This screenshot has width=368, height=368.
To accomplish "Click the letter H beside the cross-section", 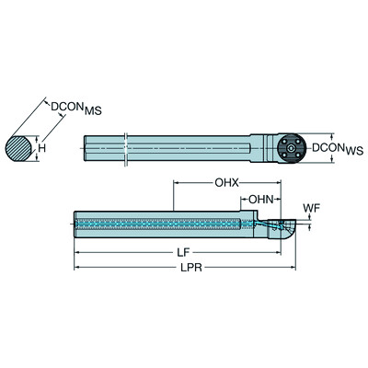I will click(x=40, y=144).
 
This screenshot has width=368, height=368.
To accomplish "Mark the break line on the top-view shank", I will click(x=125, y=147).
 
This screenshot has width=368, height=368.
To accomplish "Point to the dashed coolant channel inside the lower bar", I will click(x=156, y=222).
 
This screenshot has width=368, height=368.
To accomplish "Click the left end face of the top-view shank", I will click(x=86, y=147).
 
